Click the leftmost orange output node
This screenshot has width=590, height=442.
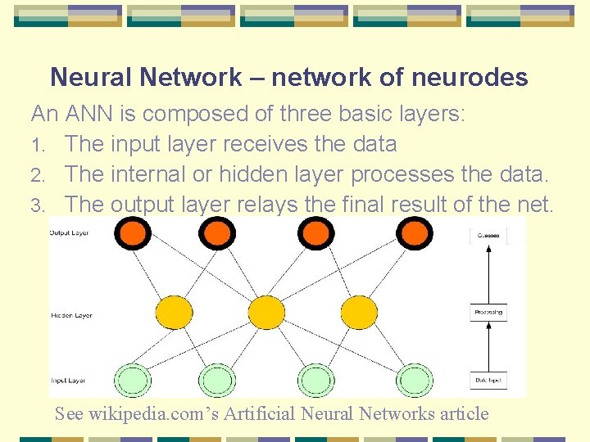(x=132, y=234)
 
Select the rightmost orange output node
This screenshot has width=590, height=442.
(x=414, y=234)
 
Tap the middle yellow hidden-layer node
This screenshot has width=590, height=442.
(x=265, y=312)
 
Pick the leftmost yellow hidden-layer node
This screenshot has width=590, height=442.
(x=175, y=312)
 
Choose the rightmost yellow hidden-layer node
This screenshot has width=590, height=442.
(x=358, y=312)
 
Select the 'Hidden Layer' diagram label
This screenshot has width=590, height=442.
(x=71, y=315)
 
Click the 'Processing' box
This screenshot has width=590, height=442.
(x=488, y=312)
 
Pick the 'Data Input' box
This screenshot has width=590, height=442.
(x=488, y=381)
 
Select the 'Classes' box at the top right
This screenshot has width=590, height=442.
(x=488, y=236)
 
